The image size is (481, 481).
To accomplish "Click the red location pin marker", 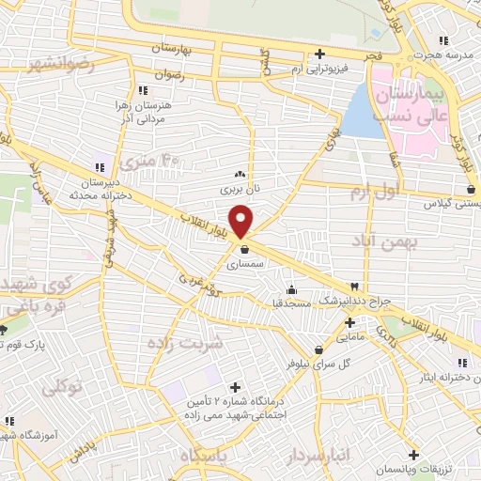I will pos(241,221).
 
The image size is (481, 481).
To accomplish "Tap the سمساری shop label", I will pos(244,265).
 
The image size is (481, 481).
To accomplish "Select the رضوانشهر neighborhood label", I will pos(61,64).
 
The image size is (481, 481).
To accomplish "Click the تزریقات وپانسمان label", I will pos(413,468).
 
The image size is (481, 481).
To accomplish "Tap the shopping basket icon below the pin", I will pos(244,250).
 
